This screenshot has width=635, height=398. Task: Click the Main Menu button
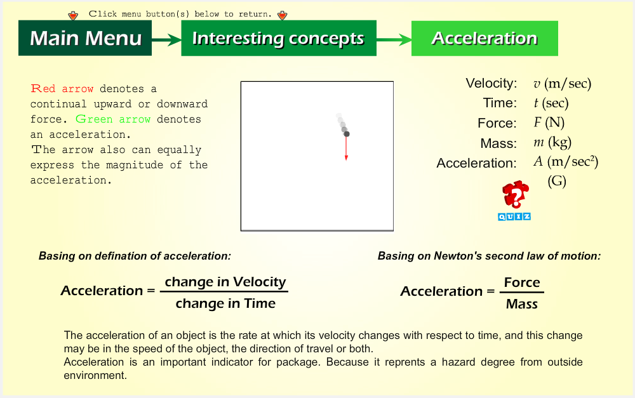(x=85, y=38)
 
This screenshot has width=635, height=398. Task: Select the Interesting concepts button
(x=279, y=38)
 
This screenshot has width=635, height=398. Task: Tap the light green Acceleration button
(x=485, y=38)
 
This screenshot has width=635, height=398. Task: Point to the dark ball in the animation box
(x=347, y=134)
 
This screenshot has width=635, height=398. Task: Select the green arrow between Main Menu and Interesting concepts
(x=166, y=40)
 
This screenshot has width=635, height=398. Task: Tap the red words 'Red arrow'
(x=62, y=89)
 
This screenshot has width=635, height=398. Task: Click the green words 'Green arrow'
(x=113, y=119)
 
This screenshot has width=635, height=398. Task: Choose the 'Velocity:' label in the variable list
(x=491, y=83)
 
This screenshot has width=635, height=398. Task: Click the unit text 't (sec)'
(x=551, y=103)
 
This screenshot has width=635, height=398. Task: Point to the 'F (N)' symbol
(x=549, y=123)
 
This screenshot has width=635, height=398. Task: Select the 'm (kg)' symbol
(x=552, y=142)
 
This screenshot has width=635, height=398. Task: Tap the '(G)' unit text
(x=557, y=180)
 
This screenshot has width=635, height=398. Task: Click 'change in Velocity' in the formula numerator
(x=225, y=282)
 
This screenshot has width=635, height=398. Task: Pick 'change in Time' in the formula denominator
(x=225, y=303)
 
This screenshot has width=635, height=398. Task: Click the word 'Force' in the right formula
(x=522, y=282)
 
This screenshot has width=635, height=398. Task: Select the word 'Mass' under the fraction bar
(x=522, y=303)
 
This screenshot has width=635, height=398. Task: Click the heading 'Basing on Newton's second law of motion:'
(x=489, y=256)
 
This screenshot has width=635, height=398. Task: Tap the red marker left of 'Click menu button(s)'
(x=73, y=15)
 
